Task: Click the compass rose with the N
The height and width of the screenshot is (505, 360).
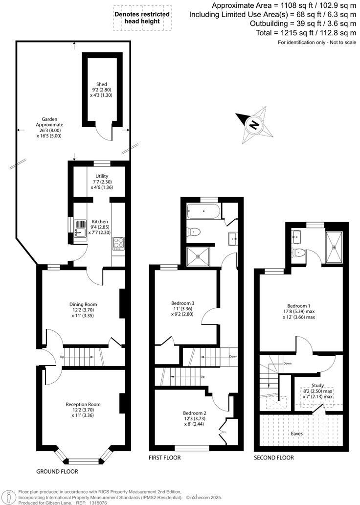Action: (254, 125)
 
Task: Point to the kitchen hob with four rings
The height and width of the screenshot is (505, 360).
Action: (119, 243)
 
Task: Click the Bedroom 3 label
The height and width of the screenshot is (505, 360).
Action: (183, 302)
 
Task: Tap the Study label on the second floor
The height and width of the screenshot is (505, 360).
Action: (317, 385)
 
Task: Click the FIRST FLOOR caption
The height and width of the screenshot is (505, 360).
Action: (164, 458)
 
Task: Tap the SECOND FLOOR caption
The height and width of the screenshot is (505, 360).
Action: (273, 458)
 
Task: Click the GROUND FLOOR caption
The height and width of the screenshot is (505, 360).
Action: (57, 472)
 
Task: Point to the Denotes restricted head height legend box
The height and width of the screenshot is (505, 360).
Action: (142, 18)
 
